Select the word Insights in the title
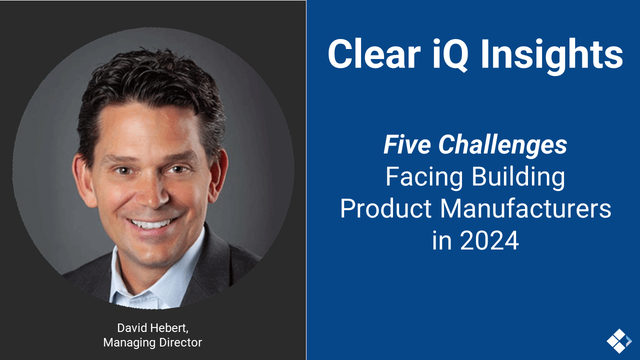(x=551, y=54)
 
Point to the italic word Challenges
(x=503, y=145)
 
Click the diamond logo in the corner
(x=618, y=341)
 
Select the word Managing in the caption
(x=126, y=342)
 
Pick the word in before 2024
(x=441, y=240)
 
